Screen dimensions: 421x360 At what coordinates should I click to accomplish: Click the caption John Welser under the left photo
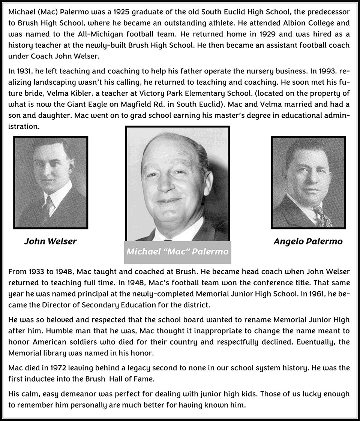point(50,241)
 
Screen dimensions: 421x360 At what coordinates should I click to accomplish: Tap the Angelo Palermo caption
point(308,241)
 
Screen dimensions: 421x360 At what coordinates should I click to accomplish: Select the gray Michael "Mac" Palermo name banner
point(177,252)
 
